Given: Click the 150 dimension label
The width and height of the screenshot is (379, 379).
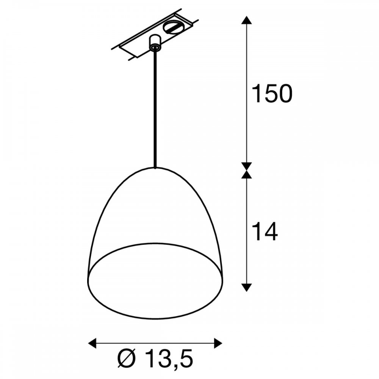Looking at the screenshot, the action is (272, 94).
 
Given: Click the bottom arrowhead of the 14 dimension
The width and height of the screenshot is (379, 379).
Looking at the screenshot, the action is (247, 288).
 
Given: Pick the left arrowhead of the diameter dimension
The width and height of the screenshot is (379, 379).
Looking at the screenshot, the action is (92, 343).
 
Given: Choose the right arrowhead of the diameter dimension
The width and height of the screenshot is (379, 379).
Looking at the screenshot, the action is (218, 343).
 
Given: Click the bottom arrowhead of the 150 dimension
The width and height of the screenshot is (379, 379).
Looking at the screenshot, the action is (247, 166).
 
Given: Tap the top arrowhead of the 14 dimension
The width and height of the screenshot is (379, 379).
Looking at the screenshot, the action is (247, 174).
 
